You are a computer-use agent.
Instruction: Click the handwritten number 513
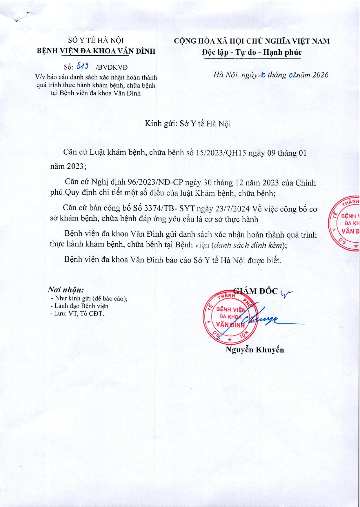click(82, 66)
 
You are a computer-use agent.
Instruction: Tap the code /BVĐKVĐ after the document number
click(112, 68)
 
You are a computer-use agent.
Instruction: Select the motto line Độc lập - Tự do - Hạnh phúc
click(252, 52)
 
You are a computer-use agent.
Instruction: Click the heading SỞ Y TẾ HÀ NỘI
click(96, 41)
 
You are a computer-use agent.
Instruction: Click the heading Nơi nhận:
click(66, 290)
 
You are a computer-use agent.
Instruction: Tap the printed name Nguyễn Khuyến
click(255, 350)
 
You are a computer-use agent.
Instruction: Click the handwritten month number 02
click(292, 75)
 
